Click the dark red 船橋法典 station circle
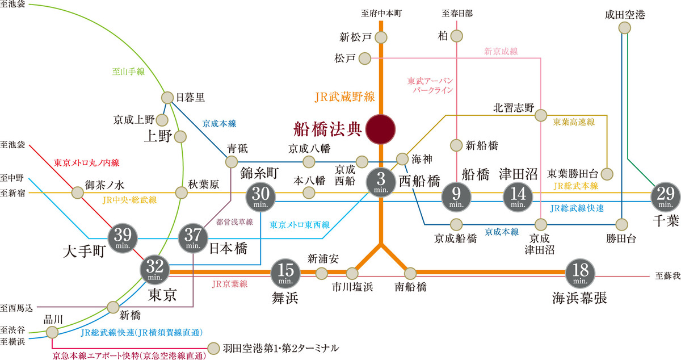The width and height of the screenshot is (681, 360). [x=380, y=129]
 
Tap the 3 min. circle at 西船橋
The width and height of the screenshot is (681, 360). [x=381, y=182]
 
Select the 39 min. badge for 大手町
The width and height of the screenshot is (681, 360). [x=123, y=238]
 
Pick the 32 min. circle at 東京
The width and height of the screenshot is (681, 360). [x=155, y=270]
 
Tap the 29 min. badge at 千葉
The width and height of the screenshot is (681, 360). [x=666, y=197]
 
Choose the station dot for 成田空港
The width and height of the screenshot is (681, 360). [x=625, y=28]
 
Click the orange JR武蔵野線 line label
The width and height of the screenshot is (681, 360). [x=345, y=97]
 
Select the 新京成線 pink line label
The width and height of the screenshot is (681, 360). [x=501, y=51]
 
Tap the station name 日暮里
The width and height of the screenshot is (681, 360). [x=190, y=97]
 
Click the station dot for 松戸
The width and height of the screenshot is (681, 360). [x=365, y=58]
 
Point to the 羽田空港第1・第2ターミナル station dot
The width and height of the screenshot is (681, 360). [x=213, y=349]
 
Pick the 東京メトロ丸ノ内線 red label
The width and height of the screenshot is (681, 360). [x=87, y=163]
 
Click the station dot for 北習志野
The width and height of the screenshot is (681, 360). [x=540, y=115]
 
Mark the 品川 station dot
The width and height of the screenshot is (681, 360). [x=52, y=332]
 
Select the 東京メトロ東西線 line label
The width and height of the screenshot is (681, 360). [x=300, y=225]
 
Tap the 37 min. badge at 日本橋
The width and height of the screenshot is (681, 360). [x=193, y=238]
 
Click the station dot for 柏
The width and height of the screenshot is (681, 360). [x=457, y=36]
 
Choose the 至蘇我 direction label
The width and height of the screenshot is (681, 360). [x=667, y=276]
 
